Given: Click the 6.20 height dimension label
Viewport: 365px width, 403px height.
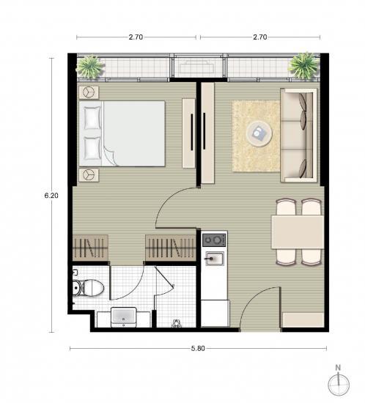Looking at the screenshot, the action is (x=51, y=196).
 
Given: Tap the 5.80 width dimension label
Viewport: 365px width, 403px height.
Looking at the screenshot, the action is (x=198, y=349).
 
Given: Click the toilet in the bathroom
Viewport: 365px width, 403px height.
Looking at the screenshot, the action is (x=88, y=287).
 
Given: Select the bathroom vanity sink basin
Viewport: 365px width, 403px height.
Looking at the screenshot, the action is (x=124, y=317).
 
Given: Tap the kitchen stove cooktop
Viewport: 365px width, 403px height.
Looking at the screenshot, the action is (x=214, y=240).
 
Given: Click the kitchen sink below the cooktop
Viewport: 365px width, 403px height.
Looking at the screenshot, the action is (x=214, y=259).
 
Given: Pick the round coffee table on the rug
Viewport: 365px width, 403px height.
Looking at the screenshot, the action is (x=259, y=133).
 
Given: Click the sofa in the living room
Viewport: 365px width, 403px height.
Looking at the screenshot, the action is (x=299, y=136).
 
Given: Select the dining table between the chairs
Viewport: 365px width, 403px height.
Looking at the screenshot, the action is (x=298, y=232).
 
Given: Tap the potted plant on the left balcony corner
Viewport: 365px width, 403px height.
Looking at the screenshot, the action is (x=89, y=67).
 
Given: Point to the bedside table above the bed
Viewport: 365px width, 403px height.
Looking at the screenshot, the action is (x=89, y=92).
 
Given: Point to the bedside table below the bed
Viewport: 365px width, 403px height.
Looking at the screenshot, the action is (x=89, y=175).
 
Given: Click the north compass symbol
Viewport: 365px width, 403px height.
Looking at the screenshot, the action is (x=339, y=384).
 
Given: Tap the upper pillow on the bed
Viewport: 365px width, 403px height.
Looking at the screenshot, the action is (x=92, y=118).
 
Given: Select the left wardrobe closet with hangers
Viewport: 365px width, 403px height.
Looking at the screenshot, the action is (x=90, y=248).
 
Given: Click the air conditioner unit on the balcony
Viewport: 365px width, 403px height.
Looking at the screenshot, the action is (x=197, y=67).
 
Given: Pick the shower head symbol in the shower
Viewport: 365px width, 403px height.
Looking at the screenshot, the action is (x=177, y=323).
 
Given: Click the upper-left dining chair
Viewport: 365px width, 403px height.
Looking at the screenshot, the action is (x=286, y=207).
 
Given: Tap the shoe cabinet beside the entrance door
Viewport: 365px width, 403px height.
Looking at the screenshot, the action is (x=303, y=320).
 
